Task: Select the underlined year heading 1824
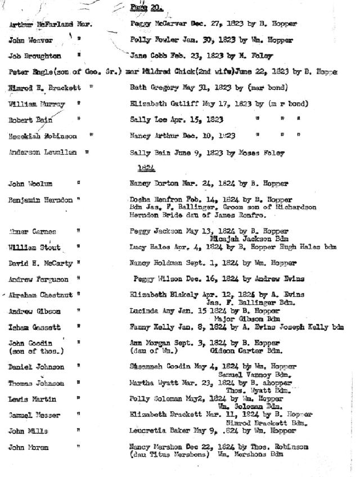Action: tap(146, 168)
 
